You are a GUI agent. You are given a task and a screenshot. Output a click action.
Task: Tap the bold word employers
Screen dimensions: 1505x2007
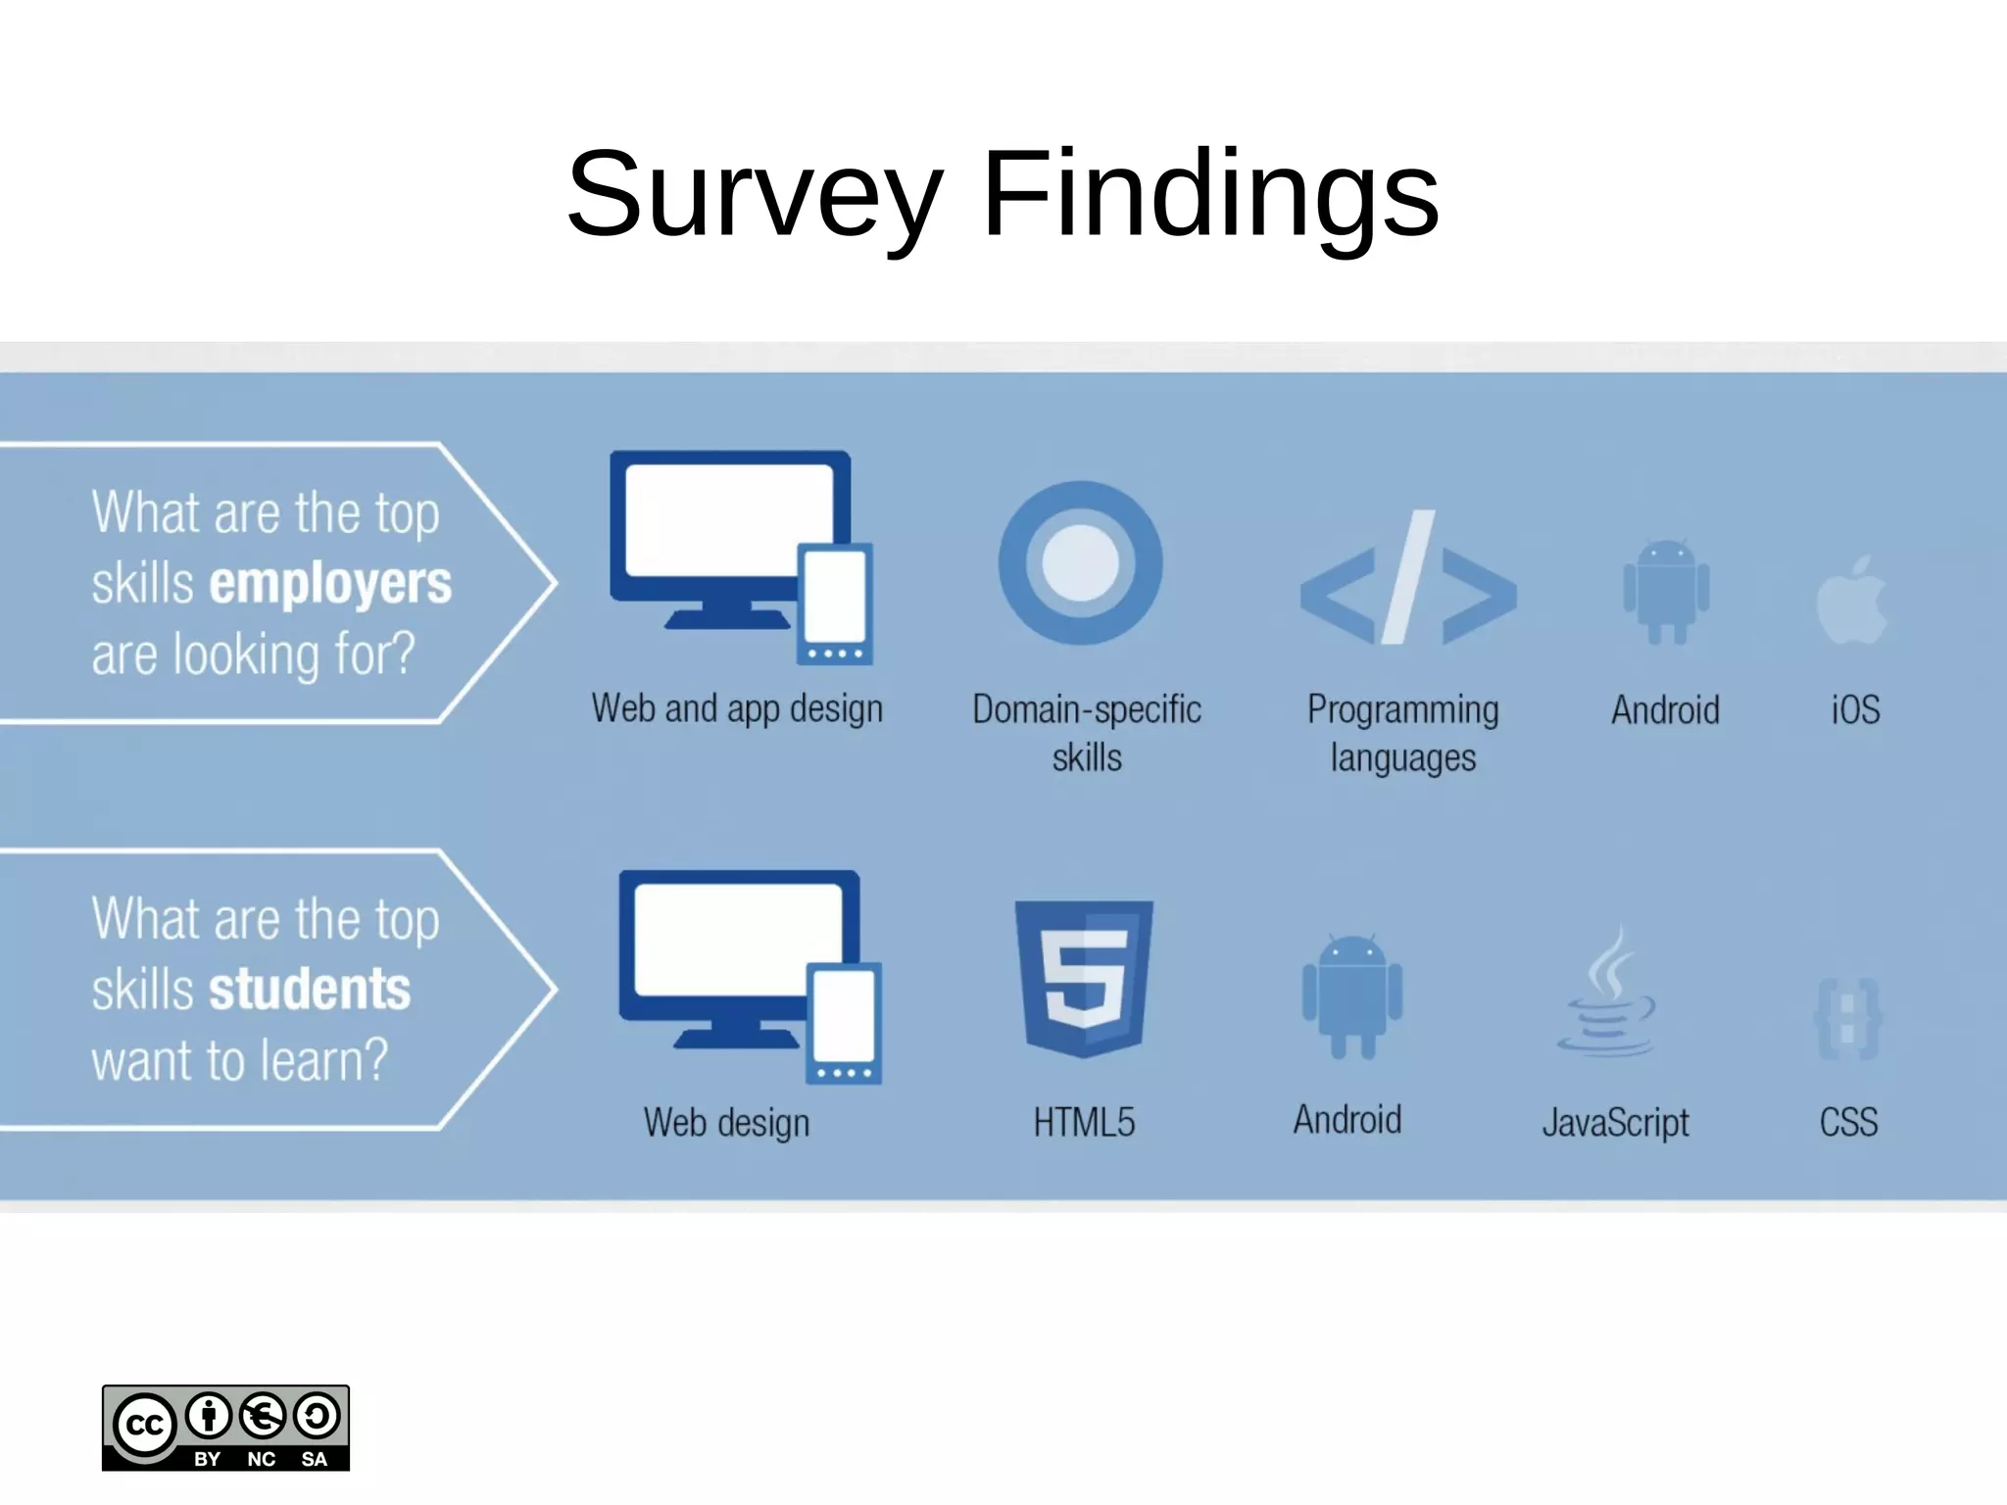click(330, 584)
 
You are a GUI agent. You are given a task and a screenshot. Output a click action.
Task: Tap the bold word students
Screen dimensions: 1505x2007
click(310, 989)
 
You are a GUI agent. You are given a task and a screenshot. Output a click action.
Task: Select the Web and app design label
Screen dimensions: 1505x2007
click(737, 709)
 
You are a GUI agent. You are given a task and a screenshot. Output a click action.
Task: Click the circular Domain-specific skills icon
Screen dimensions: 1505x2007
click(1080, 562)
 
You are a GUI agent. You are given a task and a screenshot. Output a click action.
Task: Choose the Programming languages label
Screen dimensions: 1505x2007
click(1402, 733)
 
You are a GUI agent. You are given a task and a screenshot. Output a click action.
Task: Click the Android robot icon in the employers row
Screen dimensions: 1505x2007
click(1666, 591)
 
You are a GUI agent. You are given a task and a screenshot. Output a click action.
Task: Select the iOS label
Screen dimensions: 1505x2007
click(1855, 709)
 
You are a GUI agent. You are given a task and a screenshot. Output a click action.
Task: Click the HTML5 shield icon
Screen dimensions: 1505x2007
click(1084, 978)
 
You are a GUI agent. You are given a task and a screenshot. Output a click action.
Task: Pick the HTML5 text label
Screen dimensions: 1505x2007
click(1084, 1122)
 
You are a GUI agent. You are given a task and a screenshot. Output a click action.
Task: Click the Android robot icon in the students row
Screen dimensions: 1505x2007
click(1351, 996)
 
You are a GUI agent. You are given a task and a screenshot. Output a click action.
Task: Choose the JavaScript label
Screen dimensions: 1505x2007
click(1615, 1123)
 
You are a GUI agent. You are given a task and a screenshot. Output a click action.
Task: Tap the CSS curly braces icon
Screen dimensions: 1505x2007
click(1847, 1019)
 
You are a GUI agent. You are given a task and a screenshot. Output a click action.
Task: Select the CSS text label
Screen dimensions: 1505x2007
click(1848, 1122)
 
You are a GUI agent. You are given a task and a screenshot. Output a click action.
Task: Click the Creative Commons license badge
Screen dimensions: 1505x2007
click(225, 1428)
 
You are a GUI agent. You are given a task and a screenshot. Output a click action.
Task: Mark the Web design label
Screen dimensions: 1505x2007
click(726, 1123)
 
